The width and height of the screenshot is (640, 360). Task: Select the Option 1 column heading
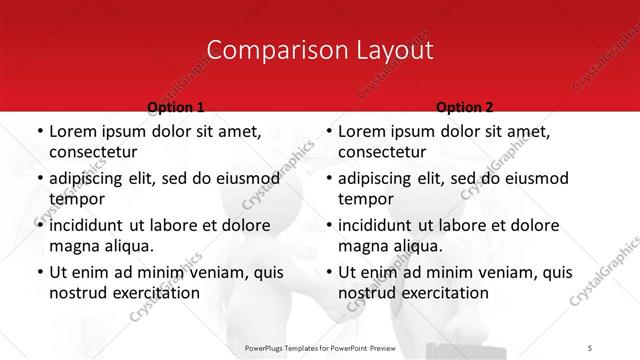pos(175,107)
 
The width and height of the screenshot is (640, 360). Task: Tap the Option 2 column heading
pos(464,107)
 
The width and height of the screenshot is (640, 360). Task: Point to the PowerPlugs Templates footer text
pos(319,346)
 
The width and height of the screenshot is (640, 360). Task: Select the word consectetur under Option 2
pos(382,152)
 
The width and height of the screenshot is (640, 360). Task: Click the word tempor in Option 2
pos(365,199)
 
